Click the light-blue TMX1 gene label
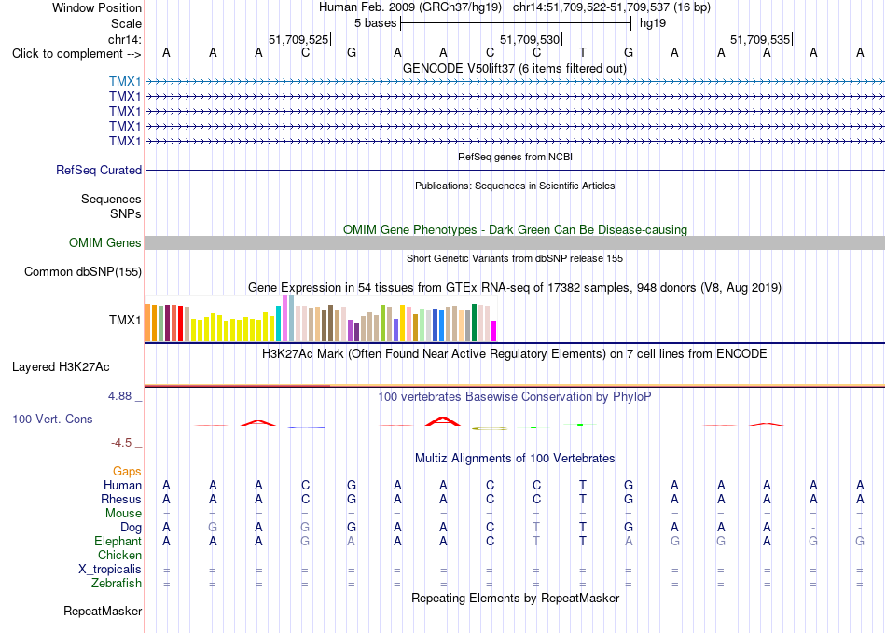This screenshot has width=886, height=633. point(125,82)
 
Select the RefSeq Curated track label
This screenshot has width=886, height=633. point(99,170)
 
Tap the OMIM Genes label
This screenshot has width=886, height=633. point(105,242)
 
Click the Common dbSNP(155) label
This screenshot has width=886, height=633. point(83,271)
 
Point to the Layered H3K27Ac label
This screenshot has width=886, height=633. point(61,367)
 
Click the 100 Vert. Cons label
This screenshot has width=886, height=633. point(52,419)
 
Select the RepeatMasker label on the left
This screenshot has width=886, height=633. point(103,611)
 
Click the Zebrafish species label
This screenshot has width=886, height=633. point(117,583)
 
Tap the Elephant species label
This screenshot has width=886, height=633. point(118,541)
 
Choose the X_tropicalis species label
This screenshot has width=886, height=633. point(110,570)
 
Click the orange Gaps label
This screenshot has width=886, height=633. point(127,471)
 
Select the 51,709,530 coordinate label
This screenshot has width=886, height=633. point(530,39)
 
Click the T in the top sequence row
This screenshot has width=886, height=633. point(583,52)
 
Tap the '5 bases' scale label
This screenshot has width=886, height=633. point(376,23)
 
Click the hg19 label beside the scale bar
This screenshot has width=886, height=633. point(653,23)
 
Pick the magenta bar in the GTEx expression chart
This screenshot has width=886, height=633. point(494,331)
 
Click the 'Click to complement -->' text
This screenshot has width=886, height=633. point(76,54)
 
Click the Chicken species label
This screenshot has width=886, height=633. point(119,555)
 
